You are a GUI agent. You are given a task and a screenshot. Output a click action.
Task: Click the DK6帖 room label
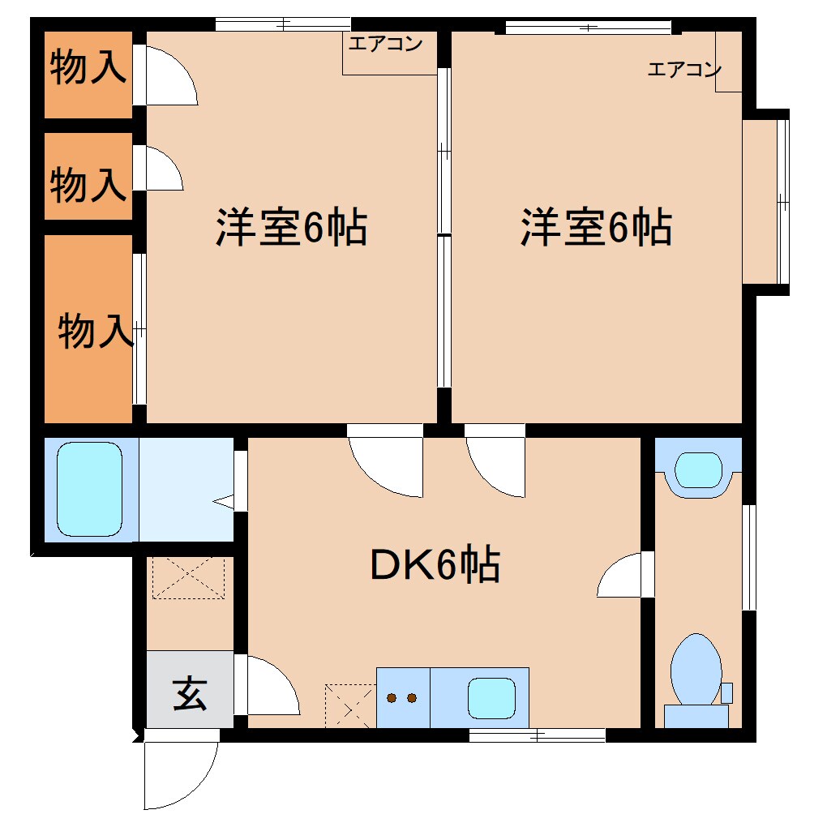pyautogui.click(x=434, y=566)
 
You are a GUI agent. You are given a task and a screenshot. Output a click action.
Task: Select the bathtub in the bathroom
pyautogui.click(x=89, y=489)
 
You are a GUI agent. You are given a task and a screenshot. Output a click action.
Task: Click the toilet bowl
pyautogui.click(x=695, y=670)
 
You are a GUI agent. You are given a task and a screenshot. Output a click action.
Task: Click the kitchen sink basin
pyautogui.click(x=492, y=697)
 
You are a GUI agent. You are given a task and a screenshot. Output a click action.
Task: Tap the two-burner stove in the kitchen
pyautogui.click(x=402, y=697)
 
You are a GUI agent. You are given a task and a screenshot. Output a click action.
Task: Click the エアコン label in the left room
pyautogui.click(x=386, y=45)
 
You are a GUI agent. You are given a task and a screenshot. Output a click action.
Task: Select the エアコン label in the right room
pyautogui.click(x=683, y=70)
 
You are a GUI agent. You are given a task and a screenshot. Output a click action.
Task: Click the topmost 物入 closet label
pyautogui.click(x=88, y=68)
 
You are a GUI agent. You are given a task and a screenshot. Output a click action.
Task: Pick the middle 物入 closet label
pyautogui.click(x=88, y=185)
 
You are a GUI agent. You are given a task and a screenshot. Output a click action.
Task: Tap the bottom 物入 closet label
pyautogui.click(x=96, y=331)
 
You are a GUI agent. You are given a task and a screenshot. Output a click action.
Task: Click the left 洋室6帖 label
pyautogui.click(x=291, y=228)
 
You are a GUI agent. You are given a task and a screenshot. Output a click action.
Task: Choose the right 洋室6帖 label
pyautogui.click(x=596, y=228)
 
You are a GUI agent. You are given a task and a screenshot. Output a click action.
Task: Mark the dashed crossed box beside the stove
pyautogui.click(x=349, y=704)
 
